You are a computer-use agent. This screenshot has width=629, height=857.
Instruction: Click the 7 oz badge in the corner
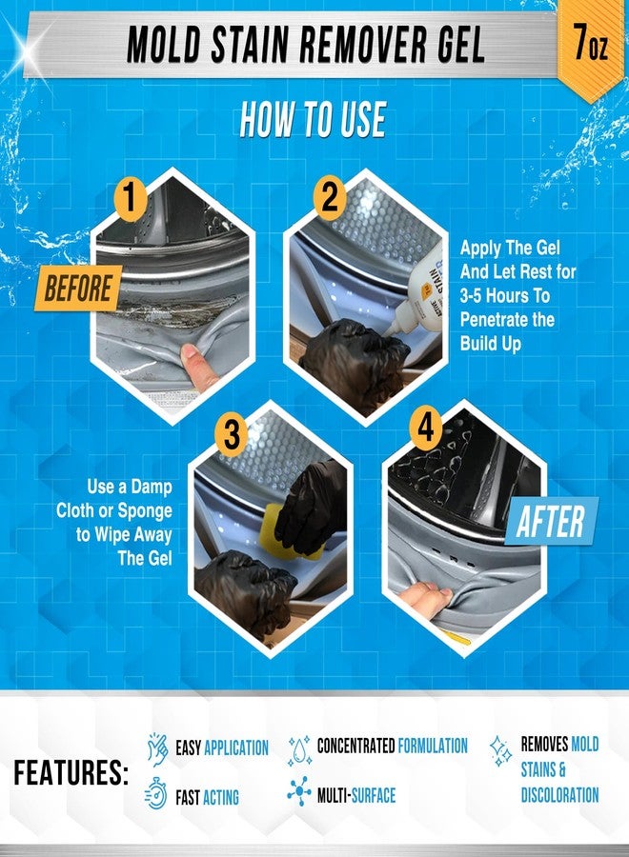tap(591, 44)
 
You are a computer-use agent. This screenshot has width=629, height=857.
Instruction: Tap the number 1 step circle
tap(130, 198)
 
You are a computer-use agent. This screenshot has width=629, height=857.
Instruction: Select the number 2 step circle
tap(329, 197)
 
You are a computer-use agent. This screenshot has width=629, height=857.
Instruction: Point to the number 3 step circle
tap(232, 434)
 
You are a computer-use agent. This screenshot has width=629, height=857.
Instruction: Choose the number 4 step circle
tap(425, 428)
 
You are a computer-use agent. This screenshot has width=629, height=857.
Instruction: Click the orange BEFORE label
tap(78, 288)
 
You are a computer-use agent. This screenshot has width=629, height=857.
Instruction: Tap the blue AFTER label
tap(552, 521)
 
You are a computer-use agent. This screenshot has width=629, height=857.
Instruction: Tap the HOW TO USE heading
tap(314, 119)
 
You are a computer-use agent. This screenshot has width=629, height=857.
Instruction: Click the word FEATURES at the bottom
tap(71, 772)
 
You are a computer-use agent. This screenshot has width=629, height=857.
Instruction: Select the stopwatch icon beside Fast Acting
tap(156, 793)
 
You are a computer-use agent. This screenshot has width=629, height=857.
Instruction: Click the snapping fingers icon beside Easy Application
tap(157, 749)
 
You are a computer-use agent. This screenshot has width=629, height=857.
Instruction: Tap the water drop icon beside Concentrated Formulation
tap(300, 749)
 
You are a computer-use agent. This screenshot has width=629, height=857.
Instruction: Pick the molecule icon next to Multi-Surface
tap(299, 791)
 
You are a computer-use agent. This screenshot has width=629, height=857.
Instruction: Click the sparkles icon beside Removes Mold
tap(500, 750)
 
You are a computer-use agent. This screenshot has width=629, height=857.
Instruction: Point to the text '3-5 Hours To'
tap(504, 296)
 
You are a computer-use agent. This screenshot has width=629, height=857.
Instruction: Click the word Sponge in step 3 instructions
tap(145, 510)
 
